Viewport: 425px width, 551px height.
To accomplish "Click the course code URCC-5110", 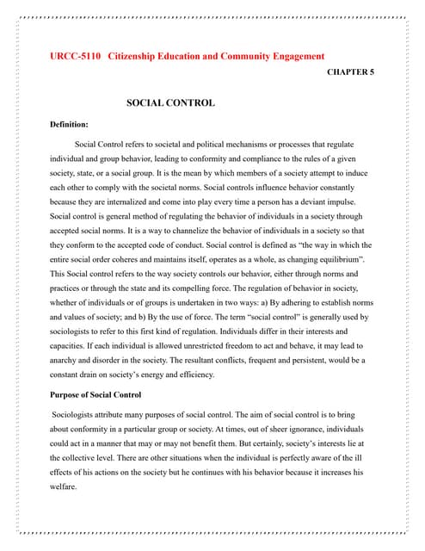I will [73, 57].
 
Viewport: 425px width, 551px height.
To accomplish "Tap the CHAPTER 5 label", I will [350, 74].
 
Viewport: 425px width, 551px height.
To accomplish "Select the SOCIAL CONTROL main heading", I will [170, 103].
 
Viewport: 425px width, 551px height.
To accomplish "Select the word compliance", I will [268, 160].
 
